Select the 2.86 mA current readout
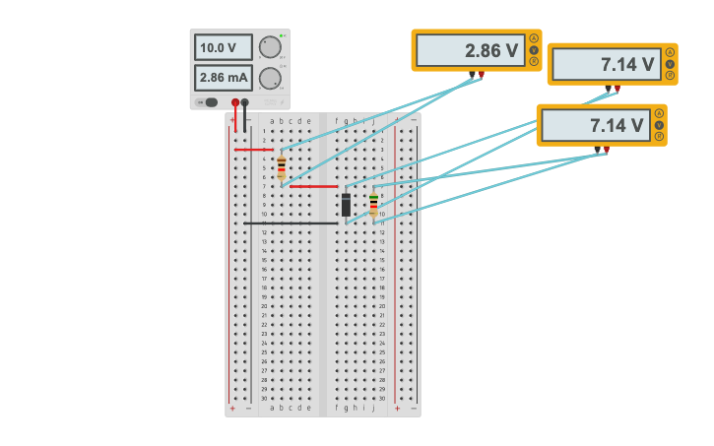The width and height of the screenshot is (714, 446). click(x=223, y=77)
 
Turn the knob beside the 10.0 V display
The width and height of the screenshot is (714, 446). click(x=269, y=47)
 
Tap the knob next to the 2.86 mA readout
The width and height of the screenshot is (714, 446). click(x=269, y=78)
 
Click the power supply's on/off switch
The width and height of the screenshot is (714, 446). click(x=208, y=101)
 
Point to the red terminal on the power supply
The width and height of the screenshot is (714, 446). click(x=235, y=101)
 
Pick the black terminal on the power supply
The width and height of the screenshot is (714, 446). click(x=245, y=101)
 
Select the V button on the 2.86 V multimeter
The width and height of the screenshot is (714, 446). click(x=534, y=50)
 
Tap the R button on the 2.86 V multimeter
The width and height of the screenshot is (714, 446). click(x=534, y=61)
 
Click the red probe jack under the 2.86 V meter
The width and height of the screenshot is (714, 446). click(x=481, y=74)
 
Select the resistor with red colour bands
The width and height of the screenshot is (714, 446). click(x=282, y=166)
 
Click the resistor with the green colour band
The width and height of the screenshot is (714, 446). click(x=373, y=205)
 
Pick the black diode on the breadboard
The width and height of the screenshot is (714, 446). click(x=346, y=205)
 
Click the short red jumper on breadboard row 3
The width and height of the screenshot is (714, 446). click(x=253, y=150)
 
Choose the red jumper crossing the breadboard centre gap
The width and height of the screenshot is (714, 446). click(x=314, y=186)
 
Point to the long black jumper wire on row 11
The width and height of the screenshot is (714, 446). click(x=292, y=223)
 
